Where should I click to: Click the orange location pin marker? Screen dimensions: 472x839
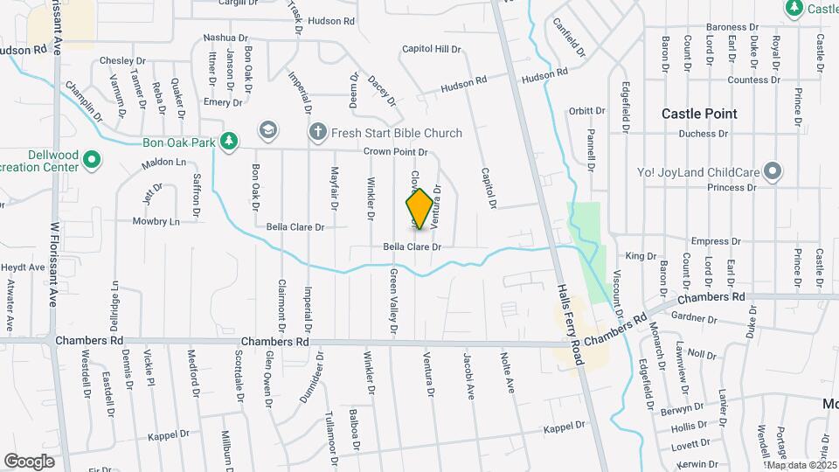(x=419, y=209)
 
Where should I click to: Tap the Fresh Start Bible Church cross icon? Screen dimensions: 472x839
(x=317, y=132)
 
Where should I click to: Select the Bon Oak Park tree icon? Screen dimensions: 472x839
(x=229, y=141)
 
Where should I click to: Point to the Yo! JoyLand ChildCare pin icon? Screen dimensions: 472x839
(x=772, y=171)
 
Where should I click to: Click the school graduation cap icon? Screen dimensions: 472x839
(x=267, y=132)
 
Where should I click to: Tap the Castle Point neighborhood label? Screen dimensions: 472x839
(x=699, y=114)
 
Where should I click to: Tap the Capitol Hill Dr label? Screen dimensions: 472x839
(x=431, y=49)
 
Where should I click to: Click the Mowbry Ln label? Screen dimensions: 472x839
(x=156, y=221)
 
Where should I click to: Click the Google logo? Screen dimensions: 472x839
(x=29, y=461)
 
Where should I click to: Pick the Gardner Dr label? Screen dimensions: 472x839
(x=695, y=317)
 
